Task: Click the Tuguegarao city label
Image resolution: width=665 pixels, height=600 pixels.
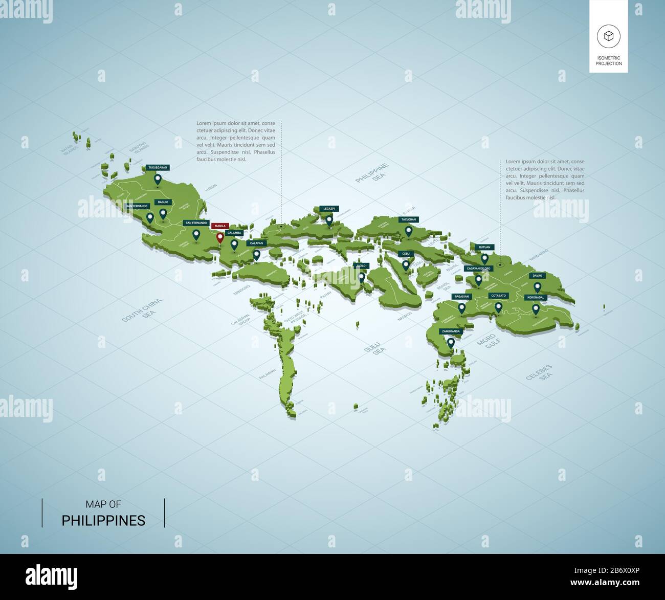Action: click(157, 167)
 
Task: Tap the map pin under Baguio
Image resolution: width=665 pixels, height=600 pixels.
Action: click(163, 213)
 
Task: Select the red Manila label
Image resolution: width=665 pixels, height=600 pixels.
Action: click(220, 226)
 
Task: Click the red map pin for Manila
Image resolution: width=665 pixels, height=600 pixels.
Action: click(220, 238)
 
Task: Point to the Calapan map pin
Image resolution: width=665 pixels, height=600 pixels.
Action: click(256, 254)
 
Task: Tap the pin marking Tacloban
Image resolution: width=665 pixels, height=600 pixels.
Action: click(408, 231)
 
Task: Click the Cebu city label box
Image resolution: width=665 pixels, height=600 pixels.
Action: click(406, 254)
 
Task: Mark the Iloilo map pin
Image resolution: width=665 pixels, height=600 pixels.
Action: click(361, 277)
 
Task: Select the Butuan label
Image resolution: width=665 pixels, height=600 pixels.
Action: click(484, 247)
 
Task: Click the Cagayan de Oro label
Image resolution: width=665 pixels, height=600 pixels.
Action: click(478, 268)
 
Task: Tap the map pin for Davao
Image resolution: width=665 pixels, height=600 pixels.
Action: click(537, 287)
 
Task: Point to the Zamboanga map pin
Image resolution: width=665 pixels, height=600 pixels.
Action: click(451, 343)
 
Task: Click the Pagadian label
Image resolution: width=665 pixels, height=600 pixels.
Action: click(461, 297)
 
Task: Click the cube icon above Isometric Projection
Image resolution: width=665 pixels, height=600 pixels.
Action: click(608, 36)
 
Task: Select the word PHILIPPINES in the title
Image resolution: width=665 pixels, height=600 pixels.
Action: click(103, 521)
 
